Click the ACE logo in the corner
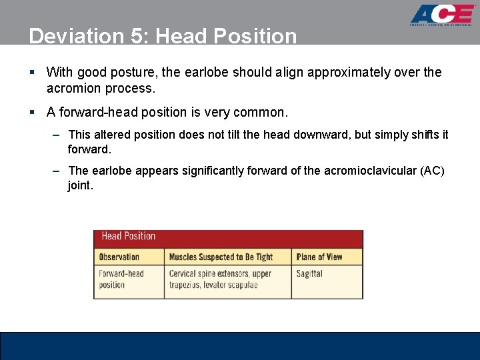tap(441, 15)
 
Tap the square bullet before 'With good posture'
tap(32, 72)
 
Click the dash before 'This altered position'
tap(57, 135)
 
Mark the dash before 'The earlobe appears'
tap(57, 171)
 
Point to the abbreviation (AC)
tap(432, 171)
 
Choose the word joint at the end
tap(80, 185)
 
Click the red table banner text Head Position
tap(128, 236)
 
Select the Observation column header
tap(119, 257)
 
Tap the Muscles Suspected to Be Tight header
tap(221, 257)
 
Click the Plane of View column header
tap(319, 257)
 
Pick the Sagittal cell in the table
tap(309, 273)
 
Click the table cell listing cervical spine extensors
tap(220, 279)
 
